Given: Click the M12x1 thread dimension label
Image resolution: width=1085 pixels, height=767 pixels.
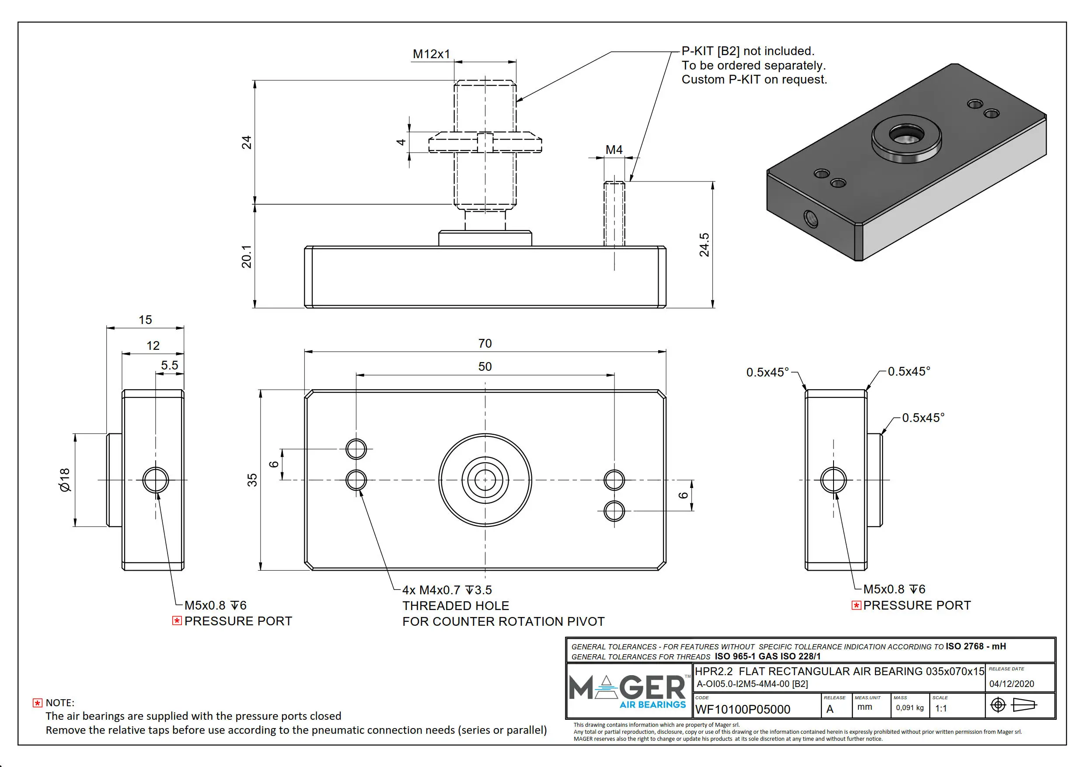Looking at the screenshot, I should (x=431, y=54).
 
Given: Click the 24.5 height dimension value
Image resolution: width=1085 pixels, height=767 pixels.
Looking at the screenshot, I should (x=704, y=245).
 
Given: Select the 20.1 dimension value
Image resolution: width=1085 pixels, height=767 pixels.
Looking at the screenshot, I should (x=247, y=257).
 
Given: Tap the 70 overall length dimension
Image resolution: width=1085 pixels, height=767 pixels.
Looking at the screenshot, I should (x=485, y=344).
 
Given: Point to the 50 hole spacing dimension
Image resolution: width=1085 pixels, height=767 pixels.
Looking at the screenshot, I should (x=485, y=367).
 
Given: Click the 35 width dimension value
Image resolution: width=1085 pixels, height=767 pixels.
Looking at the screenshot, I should (x=252, y=480).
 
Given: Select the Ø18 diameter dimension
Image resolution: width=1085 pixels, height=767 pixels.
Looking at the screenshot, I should (x=65, y=480).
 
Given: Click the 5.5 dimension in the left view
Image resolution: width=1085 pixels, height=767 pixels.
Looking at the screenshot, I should (x=169, y=365).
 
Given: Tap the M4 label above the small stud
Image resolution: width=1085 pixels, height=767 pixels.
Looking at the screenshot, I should (x=614, y=150).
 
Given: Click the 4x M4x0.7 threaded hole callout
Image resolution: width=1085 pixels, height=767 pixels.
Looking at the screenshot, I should (x=447, y=590).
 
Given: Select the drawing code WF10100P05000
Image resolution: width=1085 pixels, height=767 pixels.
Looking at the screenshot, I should (x=743, y=709).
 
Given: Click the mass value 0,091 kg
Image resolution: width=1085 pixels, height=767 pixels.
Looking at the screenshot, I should (x=909, y=708).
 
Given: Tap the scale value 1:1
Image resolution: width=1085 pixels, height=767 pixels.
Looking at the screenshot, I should (x=941, y=708).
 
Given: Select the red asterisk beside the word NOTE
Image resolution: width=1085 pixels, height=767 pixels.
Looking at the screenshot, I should (x=37, y=703).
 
